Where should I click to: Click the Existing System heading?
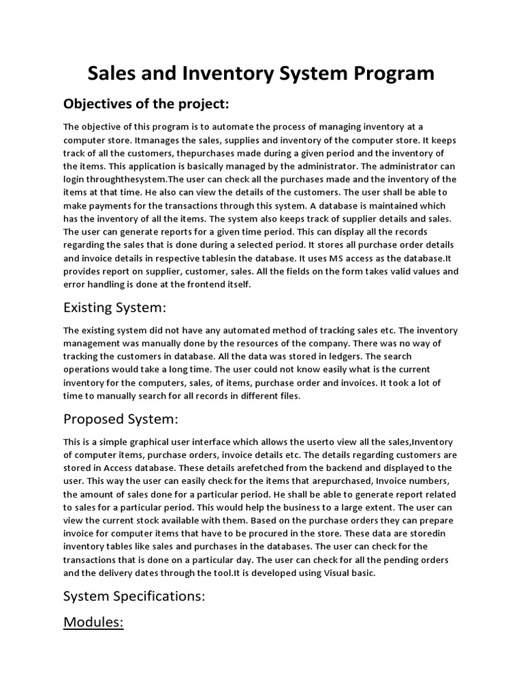pyautogui.click(x=114, y=308)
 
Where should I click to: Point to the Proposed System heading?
pyautogui.click(x=121, y=419)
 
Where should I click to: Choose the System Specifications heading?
pyautogui.click(x=134, y=596)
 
